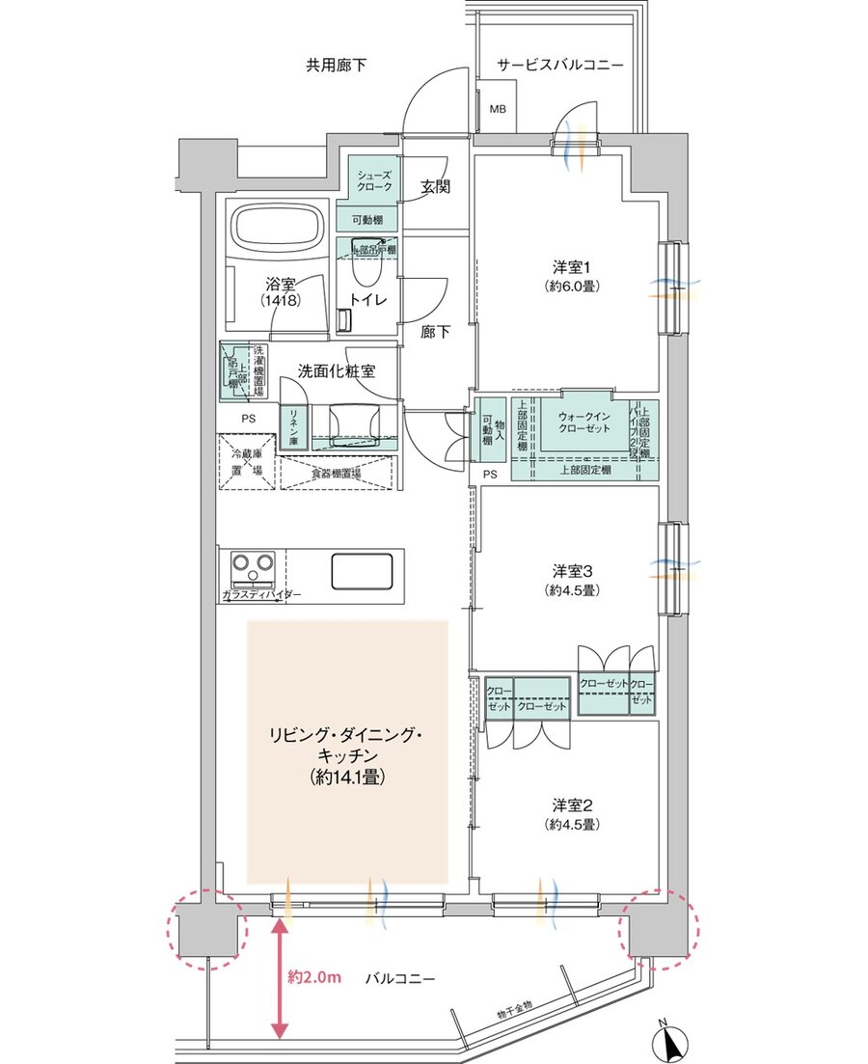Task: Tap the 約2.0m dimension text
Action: (x=315, y=978)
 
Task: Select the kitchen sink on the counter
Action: (x=364, y=570)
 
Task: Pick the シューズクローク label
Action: (x=373, y=180)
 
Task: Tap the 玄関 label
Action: (x=436, y=187)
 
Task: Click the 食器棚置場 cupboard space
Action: (x=336, y=474)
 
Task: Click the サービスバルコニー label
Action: (x=559, y=66)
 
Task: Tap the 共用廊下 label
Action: (x=337, y=66)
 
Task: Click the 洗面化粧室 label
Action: (x=337, y=369)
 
